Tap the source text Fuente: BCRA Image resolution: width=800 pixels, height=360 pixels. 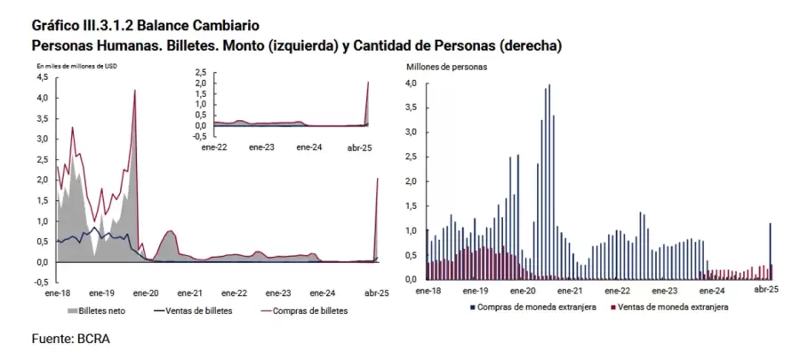(x=69, y=339)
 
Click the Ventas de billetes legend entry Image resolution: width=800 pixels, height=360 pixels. (x=196, y=311)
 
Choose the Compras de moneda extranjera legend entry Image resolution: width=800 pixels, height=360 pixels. (x=534, y=307)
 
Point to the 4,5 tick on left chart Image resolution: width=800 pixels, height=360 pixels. (x=42, y=77)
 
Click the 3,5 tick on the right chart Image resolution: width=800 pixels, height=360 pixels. (x=411, y=108)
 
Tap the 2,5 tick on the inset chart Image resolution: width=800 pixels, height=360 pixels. (x=200, y=72)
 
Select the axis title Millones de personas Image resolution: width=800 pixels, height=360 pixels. (x=447, y=67)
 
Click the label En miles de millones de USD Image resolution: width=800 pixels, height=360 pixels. (x=76, y=67)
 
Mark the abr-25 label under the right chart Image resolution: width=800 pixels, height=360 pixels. (x=768, y=290)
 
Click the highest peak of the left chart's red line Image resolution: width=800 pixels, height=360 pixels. (x=134, y=90)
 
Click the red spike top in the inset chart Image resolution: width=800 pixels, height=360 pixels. (x=368, y=82)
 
